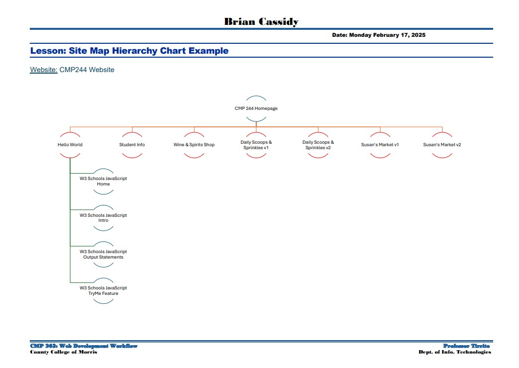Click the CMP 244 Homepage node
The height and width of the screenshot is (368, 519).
pyautogui.click(x=256, y=108)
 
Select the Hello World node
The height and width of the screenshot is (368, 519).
pyautogui.click(x=70, y=145)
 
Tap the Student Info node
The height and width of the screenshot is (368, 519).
pyautogui.click(x=132, y=145)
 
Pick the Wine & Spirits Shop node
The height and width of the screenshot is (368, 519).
pyautogui.click(x=194, y=145)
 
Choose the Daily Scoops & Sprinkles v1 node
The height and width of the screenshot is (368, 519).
pyautogui.click(x=256, y=145)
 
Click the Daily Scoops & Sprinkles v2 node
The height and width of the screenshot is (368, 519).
pyautogui.click(x=318, y=145)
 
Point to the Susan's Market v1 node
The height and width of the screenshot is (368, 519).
pyautogui.click(x=380, y=145)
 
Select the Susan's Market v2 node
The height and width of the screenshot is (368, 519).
pyautogui.click(x=442, y=145)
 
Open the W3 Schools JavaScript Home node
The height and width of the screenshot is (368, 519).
pyautogui.click(x=103, y=181)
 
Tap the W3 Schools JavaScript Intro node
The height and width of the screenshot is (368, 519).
pyautogui.click(x=103, y=218)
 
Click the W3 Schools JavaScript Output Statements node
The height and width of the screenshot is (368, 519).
pyautogui.click(x=103, y=254)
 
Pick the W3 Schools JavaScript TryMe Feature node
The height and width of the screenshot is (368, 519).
pyautogui.click(x=103, y=291)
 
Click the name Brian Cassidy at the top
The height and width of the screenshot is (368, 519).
pyautogui.click(x=261, y=21)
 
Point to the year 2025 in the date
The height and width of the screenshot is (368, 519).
pyautogui.click(x=418, y=35)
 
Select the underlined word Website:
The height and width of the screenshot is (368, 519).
pyautogui.click(x=44, y=70)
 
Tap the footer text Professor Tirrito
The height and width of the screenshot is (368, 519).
pyautogui.click(x=466, y=346)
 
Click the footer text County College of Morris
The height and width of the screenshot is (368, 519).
pyautogui.click(x=64, y=352)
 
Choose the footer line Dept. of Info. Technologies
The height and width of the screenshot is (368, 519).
pyautogui.click(x=455, y=352)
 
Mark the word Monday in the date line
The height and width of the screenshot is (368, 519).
pyautogui.click(x=360, y=35)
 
